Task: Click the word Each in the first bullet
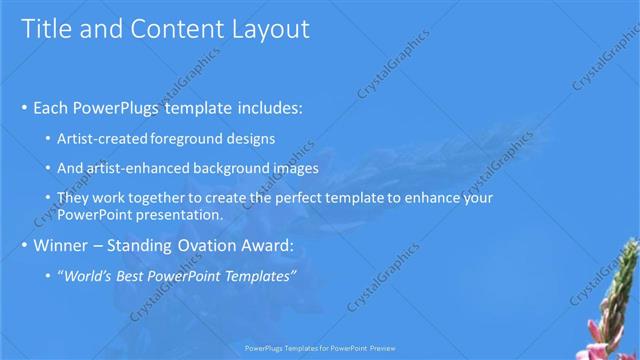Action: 52,107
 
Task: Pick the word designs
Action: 250,138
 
